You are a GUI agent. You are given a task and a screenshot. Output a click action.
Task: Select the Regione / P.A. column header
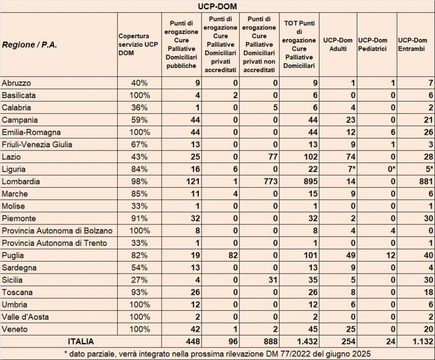click(x=30, y=45)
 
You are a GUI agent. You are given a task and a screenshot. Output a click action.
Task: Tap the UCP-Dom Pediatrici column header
click(x=373, y=45)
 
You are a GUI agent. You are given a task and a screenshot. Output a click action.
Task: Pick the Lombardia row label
click(x=21, y=181)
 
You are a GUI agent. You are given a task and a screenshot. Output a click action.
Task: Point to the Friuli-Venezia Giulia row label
click(x=37, y=144)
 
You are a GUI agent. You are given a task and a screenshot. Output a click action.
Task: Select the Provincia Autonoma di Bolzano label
click(x=57, y=231)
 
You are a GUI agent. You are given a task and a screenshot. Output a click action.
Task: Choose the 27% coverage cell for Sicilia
click(x=140, y=280)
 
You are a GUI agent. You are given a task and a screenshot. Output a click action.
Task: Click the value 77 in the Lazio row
click(x=272, y=157)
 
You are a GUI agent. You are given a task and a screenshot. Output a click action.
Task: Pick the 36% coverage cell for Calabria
click(x=140, y=107)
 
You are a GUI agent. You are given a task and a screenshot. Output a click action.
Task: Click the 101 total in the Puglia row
click(x=309, y=256)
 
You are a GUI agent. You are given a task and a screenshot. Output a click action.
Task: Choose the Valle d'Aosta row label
click(x=25, y=317)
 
